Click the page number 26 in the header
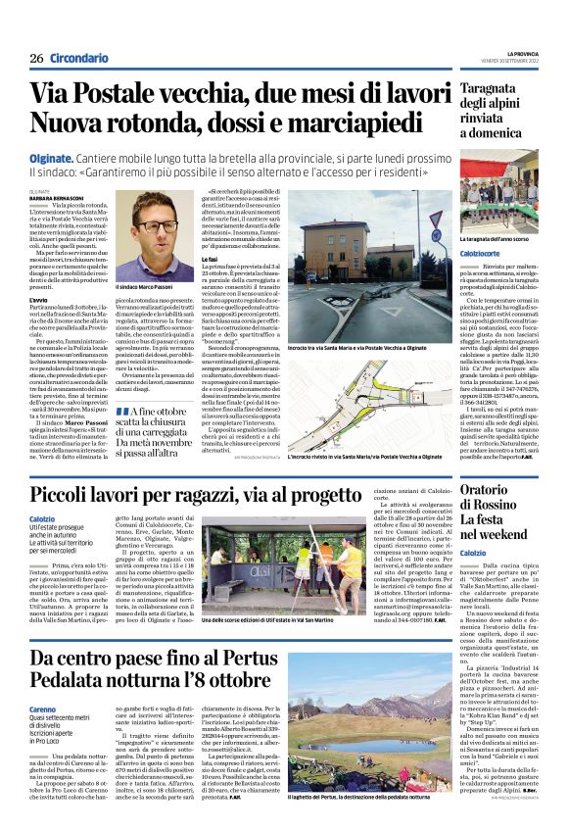36,59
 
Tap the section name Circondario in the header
79,59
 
